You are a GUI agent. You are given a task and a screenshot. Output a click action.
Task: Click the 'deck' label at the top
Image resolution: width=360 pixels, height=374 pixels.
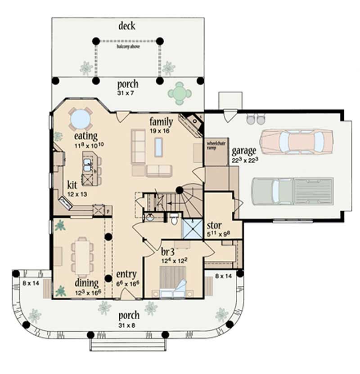coord(127,26)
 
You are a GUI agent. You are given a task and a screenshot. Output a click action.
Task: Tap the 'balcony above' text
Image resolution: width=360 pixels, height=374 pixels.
coord(127,46)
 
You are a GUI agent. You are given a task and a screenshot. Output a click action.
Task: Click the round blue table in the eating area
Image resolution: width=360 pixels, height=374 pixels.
coord(81,120)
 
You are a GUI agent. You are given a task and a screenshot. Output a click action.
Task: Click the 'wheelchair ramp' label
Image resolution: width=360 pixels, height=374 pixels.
coord(215,146)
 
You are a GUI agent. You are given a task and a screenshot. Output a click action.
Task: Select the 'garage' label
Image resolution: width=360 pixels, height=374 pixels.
coord(244,150)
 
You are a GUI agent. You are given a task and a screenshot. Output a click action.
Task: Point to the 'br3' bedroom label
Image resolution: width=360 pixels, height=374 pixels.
coord(167,250)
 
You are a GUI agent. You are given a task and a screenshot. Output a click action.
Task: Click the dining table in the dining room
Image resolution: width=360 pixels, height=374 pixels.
coord(82,256)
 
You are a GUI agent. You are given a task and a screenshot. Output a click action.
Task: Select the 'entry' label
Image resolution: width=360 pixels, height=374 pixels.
coord(126,274)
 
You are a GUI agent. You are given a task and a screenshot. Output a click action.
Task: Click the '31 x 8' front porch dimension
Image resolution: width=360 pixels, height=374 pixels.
coord(128,325)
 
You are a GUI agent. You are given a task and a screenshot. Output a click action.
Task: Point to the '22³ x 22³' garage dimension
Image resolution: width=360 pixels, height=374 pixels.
coord(244,160)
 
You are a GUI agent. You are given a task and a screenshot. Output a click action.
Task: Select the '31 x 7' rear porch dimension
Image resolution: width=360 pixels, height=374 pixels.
coord(128,93)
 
